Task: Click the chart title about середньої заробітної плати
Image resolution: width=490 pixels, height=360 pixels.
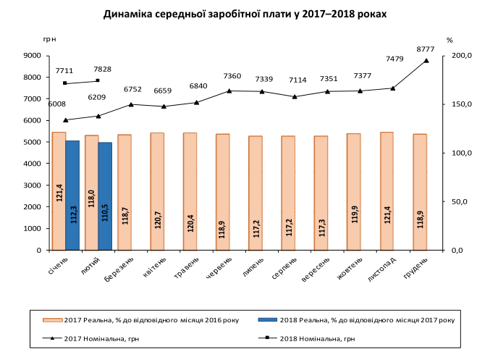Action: point(245,14)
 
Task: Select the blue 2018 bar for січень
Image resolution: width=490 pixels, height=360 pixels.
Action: point(72,195)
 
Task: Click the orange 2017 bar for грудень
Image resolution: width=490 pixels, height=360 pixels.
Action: point(420,191)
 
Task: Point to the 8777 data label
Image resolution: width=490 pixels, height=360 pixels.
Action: point(426,49)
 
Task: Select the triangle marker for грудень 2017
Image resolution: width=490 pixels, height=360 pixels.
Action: point(426,60)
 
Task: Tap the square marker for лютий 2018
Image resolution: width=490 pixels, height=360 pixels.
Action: point(98,80)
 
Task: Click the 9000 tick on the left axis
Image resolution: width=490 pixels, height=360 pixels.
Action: point(30,56)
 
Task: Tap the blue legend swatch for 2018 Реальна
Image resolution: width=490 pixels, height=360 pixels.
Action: point(268,319)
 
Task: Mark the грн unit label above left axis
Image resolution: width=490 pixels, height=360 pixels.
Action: point(49,40)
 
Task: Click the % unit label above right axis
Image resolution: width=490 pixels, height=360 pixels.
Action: point(449,41)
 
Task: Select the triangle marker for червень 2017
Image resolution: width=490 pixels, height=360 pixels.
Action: point(229,91)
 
